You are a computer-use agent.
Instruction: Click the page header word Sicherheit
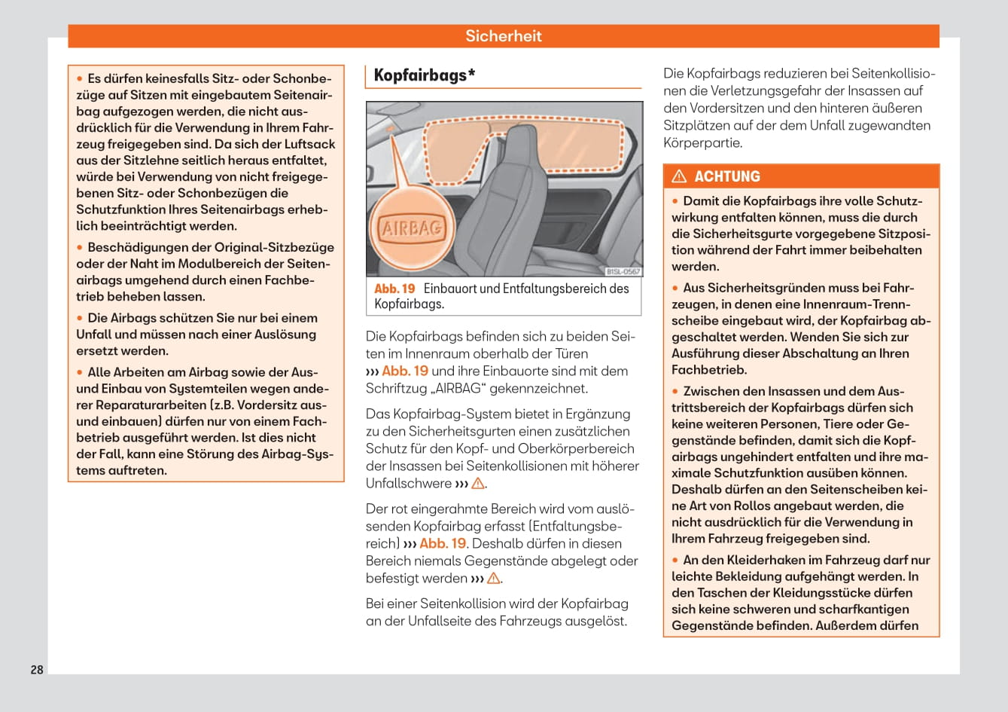coord(503,36)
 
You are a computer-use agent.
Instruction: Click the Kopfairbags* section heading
coord(424,75)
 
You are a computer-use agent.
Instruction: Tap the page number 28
coord(37,669)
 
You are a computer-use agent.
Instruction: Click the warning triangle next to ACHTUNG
coord(679,176)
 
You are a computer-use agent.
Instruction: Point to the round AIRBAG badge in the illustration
coord(411,228)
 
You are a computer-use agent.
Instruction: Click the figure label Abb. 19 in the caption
coord(394,289)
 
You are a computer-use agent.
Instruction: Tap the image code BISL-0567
coord(623,271)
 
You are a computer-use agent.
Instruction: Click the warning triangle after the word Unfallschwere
coord(478,484)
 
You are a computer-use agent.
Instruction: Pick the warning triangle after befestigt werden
coord(494,579)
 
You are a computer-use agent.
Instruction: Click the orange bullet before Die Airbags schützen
coord(79,318)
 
